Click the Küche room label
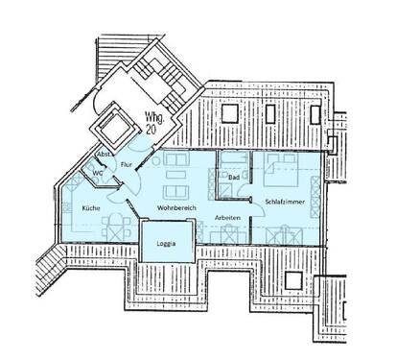coord(91,207)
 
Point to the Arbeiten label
coord(227,219)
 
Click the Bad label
coord(233,178)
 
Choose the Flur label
coord(125,165)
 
